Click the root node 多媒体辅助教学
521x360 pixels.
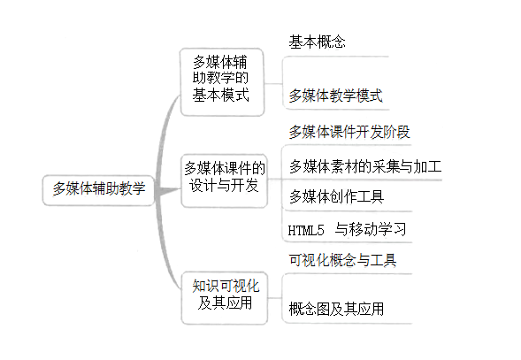(x=98, y=190)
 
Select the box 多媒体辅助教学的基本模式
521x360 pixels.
(x=222, y=82)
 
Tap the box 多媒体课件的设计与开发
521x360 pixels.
(x=225, y=180)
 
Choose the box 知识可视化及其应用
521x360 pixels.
(x=225, y=298)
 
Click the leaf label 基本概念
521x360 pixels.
(x=317, y=42)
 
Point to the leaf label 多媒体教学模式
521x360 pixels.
(x=335, y=96)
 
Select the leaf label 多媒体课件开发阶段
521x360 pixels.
(x=349, y=132)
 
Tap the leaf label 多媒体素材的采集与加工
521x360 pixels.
(x=365, y=166)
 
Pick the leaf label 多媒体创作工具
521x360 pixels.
(x=337, y=196)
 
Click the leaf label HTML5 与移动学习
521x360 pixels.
(x=347, y=229)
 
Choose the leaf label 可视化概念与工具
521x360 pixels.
(x=342, y=260)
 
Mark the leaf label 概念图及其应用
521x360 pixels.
(x=336, y=309)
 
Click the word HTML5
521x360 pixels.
(x=306, y=230)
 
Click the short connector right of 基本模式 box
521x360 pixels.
(x=273, y=83)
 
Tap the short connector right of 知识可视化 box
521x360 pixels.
(x=275, y=298)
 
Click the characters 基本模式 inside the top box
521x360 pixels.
(x=220, y=95)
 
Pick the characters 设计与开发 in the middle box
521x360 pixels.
(x=224, y=185)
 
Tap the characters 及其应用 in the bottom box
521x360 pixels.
(x=225, y=303)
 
